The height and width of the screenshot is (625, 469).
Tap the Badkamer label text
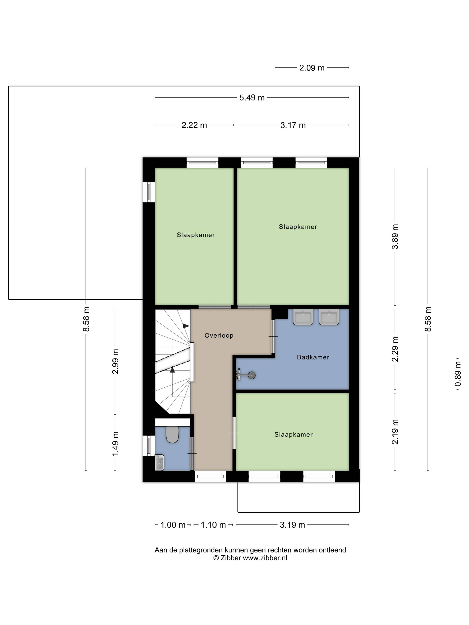[x=313, y=357]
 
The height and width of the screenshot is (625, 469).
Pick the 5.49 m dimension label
[x=252, y=98]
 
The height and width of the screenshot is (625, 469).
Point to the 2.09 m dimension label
[x=312, y=68]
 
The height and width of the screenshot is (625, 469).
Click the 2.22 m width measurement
[x=194, y=125]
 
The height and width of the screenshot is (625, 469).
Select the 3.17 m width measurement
[x=293, y=125]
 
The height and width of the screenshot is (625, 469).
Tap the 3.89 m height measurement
[x=395, y=236]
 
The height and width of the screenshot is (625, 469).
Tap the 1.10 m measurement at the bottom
[x=213, y=525]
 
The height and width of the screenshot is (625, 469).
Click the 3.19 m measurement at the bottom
[x=292, y=525]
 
